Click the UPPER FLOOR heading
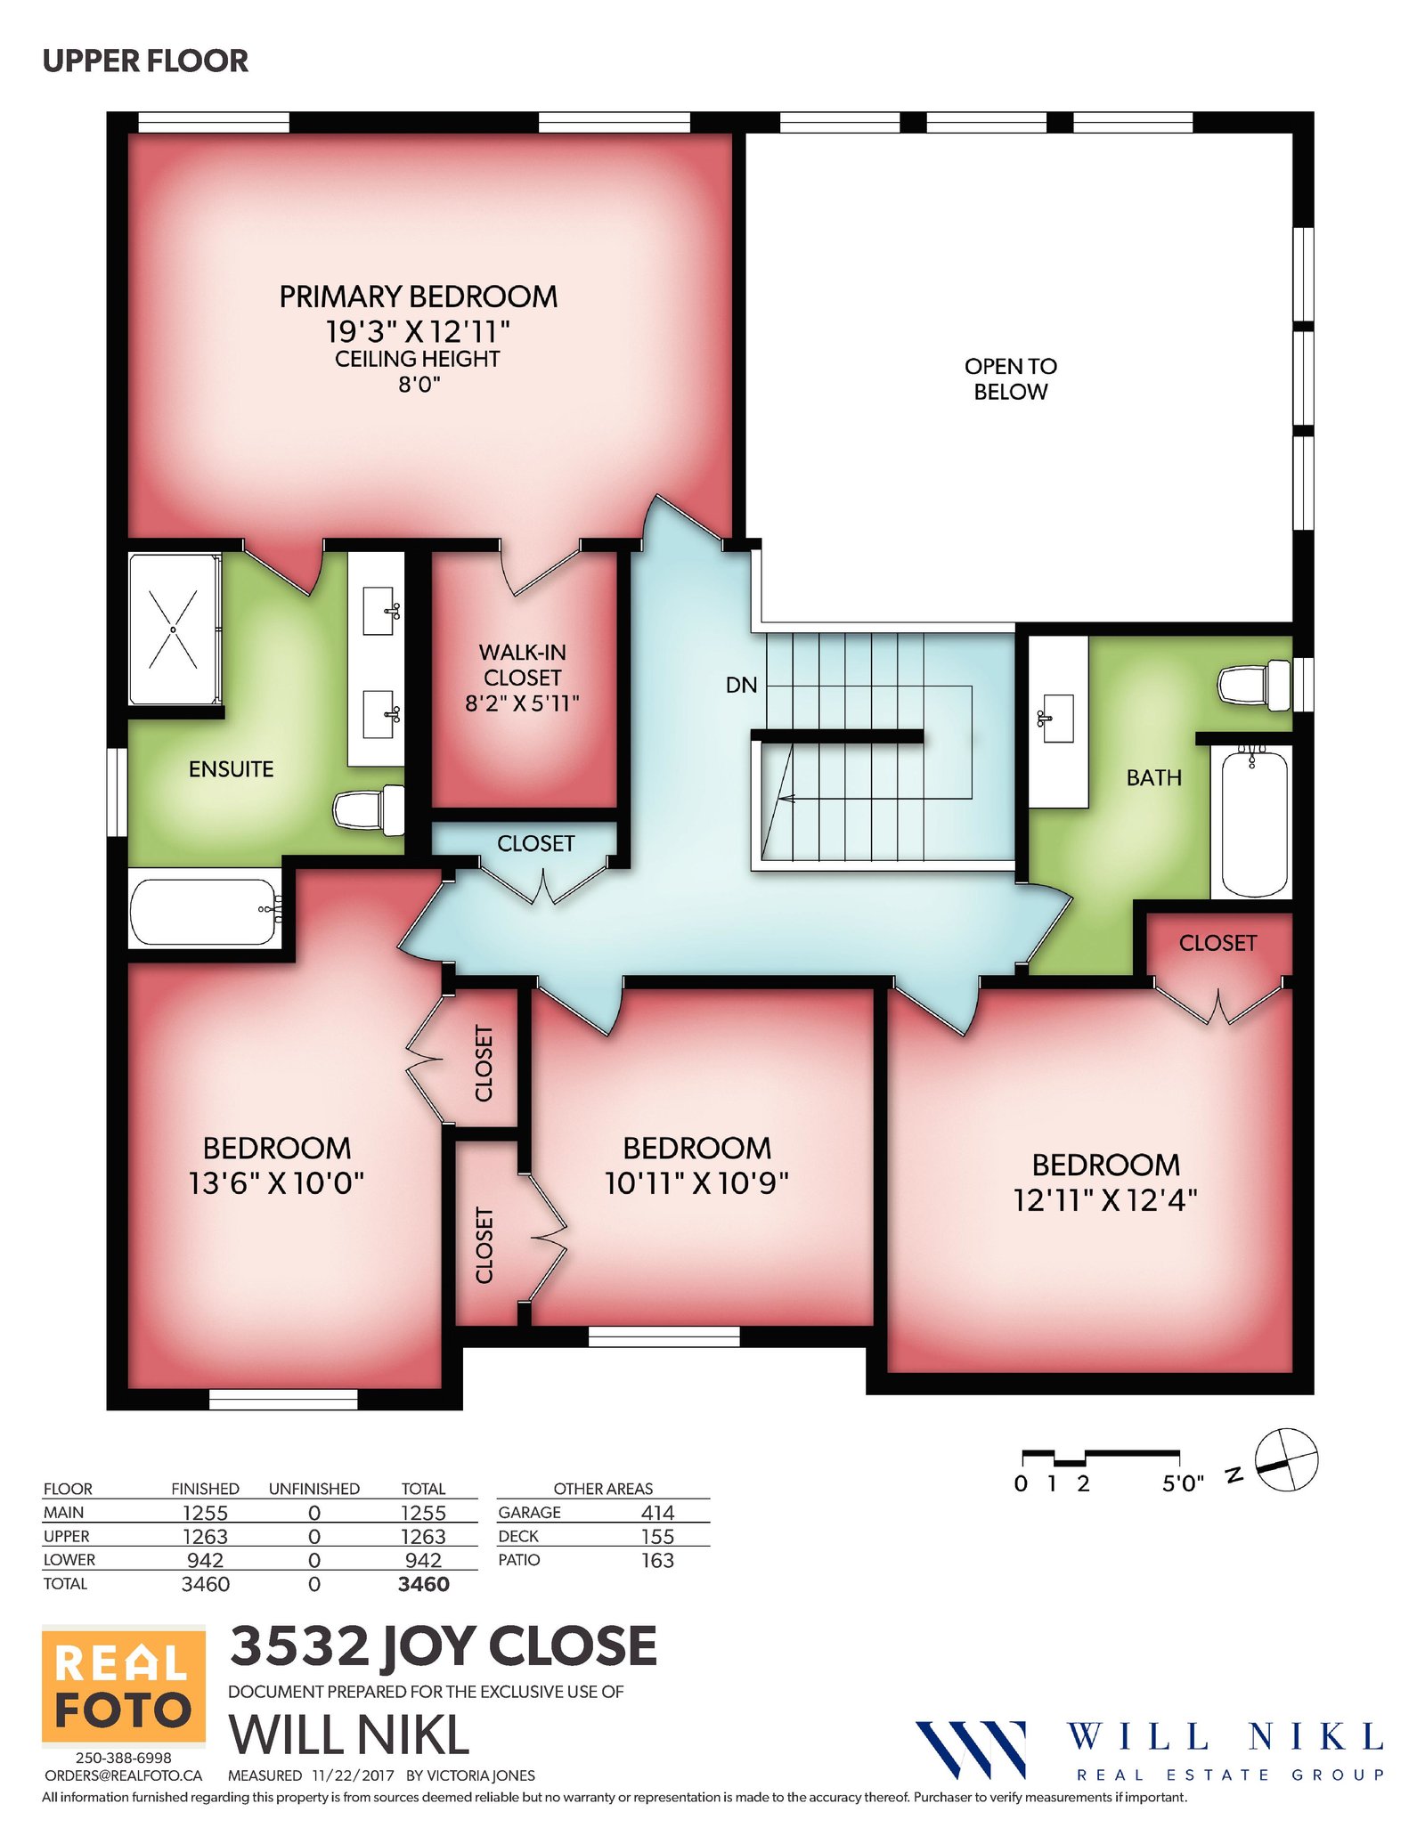tap(145, 61)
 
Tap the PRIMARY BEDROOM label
tap(419, 297)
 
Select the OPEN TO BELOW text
tap(1010, 378)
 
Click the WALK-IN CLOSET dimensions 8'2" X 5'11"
tap(522, 703)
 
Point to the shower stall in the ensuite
tap(175, 630)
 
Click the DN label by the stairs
tap(741, 685)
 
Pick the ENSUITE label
tap(231, 768)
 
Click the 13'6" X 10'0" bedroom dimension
tap(276, 1182)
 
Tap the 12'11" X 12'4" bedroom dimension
tap(1105, 1200)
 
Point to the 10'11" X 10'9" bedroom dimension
tap(696, 1182)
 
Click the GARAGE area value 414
tap(657, 1512)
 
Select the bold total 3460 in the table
tap(423, 1584)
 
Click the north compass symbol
tap(1285, 1459)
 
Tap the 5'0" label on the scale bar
tap(1183, 1483)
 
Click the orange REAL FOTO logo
tap(124, 1686)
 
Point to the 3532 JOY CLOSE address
tap(444, 1645)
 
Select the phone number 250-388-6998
tap(123, 1758)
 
